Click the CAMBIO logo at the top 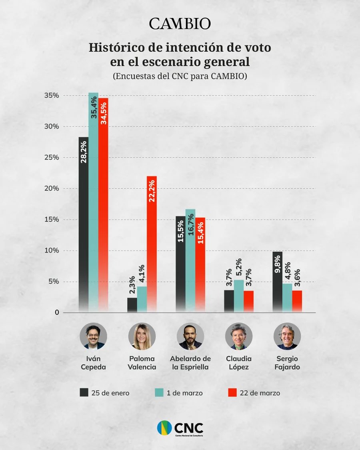coord(180,24)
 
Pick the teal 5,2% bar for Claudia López coord(239,296)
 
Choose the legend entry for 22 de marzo coord(254,393)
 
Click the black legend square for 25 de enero coord(84,393)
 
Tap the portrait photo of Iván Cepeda coord(93,336)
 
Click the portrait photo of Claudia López coord(239,336)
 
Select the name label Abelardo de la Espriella coord(190,362)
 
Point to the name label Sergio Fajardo coord(287,362)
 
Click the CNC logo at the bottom coord(180,428)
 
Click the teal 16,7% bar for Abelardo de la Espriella coord(190,260)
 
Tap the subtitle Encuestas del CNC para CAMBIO coord(180,76)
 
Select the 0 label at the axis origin coord(57,312)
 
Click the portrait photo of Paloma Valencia coord(142,336)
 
